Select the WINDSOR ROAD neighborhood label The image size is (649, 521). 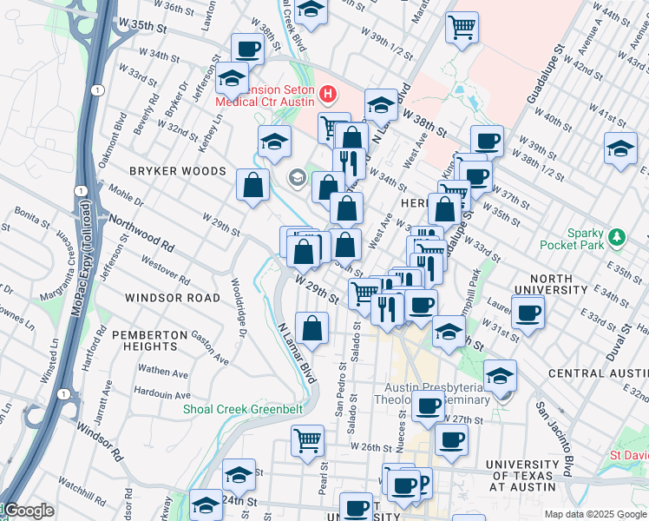tap(173, 298)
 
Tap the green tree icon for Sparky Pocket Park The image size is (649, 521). tap(617, 236)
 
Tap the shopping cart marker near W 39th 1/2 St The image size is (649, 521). tap(462, 27)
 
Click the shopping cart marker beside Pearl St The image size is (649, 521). tap(307, 440)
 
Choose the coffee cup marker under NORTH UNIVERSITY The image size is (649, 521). tap(527, 313)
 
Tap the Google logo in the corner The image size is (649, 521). tap(28, 511)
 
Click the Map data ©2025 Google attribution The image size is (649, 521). tap(595, 514)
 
